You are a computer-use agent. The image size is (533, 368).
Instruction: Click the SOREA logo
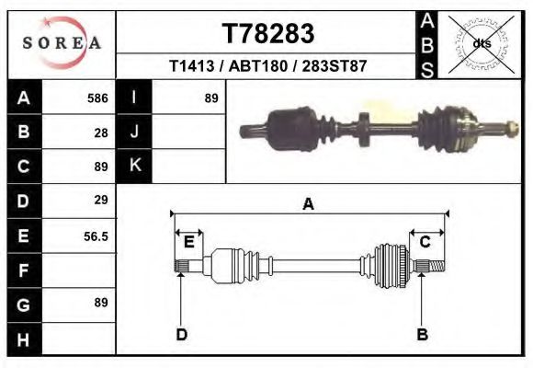point(62,43)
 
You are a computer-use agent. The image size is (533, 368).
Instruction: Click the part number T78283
point(268,34)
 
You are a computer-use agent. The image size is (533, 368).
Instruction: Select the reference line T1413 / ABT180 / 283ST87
point(268,67)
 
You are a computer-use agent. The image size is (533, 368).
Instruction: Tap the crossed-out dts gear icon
point(481,43)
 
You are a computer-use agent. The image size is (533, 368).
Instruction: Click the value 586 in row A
point(97,98)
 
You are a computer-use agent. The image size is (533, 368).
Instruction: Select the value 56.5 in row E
point(96,236)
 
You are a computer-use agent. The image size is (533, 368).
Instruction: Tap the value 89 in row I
point(210,98)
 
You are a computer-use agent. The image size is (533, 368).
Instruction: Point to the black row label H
point(23,340)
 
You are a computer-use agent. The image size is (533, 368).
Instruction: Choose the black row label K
point(135,166)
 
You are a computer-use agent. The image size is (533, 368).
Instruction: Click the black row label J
point(135,132)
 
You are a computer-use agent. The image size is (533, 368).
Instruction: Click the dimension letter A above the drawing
point(308,204)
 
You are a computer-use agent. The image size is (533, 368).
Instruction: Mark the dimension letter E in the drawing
point(188,242)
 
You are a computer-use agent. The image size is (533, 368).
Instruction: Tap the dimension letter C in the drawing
point(425,242)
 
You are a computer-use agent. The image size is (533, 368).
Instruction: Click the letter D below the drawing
point(181,334)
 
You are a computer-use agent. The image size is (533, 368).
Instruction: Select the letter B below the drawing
point(423,334)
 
